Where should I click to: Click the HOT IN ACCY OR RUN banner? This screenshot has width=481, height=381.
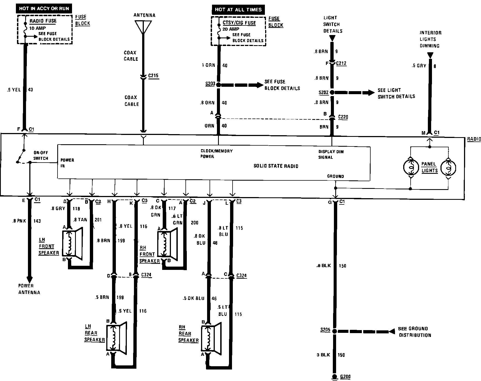(x=44, y=9)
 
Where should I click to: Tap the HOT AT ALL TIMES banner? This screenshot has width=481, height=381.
(x=238, y=10)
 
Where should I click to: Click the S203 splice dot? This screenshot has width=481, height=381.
(x=218, y=85)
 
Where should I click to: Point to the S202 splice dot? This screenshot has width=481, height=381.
(x=332, y=93)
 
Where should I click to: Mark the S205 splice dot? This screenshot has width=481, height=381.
(x=334, y=331)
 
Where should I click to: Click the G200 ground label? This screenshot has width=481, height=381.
(x=345, y=377)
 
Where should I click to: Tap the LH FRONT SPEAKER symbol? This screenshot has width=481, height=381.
(x=72, y=243)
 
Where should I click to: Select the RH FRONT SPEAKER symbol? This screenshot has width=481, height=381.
(x=167, y=243)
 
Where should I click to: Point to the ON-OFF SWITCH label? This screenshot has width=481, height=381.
(x=41, y=155)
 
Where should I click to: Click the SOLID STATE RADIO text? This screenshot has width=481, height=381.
(x=276, y=166)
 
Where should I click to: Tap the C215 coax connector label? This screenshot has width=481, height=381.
(x=153, y=76)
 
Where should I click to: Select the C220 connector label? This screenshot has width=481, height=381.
(x=343, y=117)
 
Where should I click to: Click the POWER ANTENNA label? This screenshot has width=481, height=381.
(x=29, y=289)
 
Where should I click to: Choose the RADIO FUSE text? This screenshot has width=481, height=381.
(x=43, y=21)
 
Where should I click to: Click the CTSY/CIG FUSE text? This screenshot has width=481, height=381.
(x=239, y=23)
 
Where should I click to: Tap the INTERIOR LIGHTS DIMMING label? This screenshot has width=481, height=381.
(x=430, y=39)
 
